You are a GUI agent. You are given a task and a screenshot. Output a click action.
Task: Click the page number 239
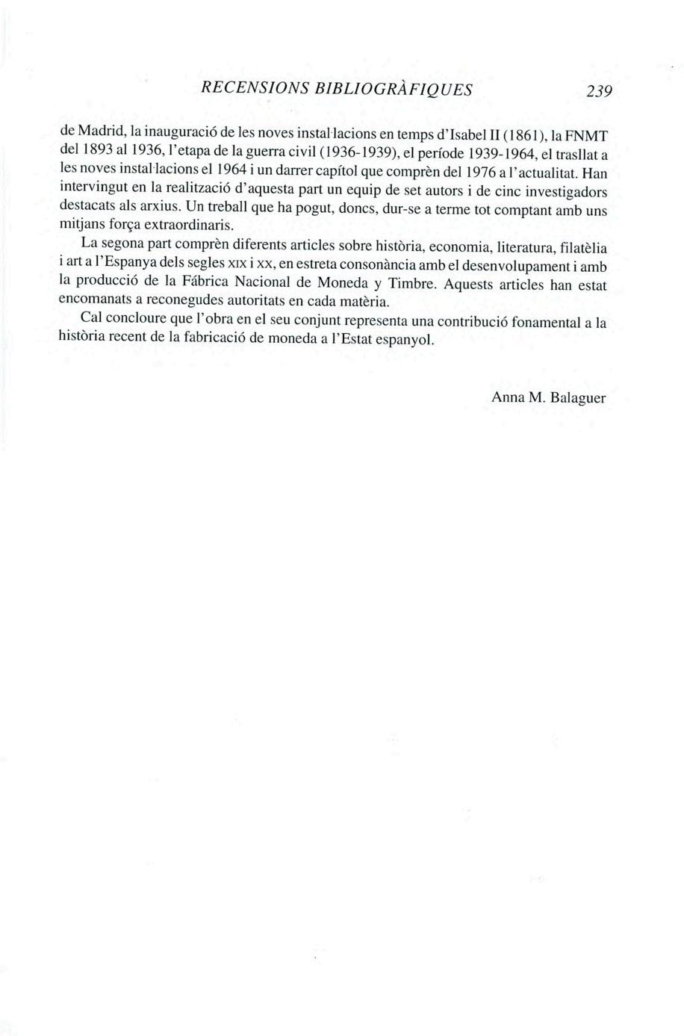[x=598, y=91]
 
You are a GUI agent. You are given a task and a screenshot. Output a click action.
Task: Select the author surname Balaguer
[x=578, y=397]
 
